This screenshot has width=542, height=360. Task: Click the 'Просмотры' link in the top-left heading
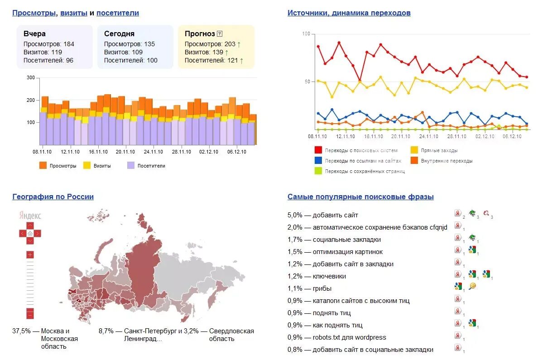point(35,13)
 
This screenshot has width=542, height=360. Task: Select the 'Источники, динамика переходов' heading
point(349,13)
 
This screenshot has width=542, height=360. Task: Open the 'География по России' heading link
point(53,197)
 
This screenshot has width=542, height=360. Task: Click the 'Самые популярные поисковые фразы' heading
point(360,197)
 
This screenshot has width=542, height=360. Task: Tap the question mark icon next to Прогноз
point(220,34)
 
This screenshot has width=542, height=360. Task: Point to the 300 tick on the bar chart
point(31,78)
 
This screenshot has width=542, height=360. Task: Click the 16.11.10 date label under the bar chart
point(98,152)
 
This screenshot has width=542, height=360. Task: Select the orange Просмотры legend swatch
point(43,166)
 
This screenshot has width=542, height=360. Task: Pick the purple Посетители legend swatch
point(131,166)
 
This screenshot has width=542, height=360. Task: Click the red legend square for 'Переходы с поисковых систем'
point(318,150)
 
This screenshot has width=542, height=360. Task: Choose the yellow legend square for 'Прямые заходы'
point(414,150)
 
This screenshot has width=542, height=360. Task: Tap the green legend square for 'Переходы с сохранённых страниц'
point(318,171)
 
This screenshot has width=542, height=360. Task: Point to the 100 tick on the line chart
point(306,34)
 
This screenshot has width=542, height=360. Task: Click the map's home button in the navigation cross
point(30,233)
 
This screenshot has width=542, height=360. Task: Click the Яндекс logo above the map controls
point(30,216)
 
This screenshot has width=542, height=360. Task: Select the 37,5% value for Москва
point(21,331)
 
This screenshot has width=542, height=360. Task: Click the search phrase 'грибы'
point(322,288)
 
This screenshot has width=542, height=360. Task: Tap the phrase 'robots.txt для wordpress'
point(349,337)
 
